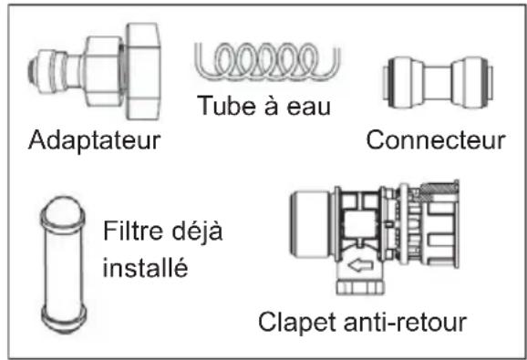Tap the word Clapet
coord(294,324)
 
